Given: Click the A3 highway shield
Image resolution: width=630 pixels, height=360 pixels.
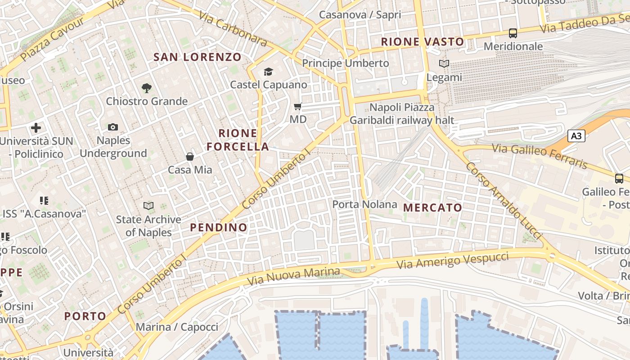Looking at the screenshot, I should [x=576, y=136].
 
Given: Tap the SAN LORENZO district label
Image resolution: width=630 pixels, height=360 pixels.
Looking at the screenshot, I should [x=198, y=57].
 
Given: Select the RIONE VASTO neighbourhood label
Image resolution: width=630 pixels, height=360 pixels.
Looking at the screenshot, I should [x=422, y=42].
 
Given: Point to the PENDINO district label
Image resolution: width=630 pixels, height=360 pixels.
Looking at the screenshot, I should [x=219, y=227].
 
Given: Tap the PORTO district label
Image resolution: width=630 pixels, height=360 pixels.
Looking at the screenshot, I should [x=85, y=316].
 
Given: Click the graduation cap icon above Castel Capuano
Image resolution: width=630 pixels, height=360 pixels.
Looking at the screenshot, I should [x=269, y=72].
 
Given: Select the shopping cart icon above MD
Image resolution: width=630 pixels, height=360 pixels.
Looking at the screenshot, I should [x=297, y=107].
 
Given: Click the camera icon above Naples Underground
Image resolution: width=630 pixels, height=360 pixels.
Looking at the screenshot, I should [x=113, y=127].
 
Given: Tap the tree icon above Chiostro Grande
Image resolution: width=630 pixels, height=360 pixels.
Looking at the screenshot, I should [x=146, y=88].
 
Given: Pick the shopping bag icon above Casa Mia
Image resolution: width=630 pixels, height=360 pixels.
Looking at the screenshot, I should [x=190, y=157].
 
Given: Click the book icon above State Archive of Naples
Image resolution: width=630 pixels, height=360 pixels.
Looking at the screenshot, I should [x=148, y=206].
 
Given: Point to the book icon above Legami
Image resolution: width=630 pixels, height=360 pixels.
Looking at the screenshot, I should [x=444, y=64].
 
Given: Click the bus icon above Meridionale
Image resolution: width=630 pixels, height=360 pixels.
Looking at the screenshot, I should [x=513, y=33].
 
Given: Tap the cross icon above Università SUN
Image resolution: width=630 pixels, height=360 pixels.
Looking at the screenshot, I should [x=36, y=128].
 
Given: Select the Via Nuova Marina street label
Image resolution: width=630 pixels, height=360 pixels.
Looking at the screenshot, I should [x=293, y=276].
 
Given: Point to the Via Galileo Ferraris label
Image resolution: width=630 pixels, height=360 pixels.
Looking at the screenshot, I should [x=540, y=156].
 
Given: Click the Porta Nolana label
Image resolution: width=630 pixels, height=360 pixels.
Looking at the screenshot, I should [x=364, y=204].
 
